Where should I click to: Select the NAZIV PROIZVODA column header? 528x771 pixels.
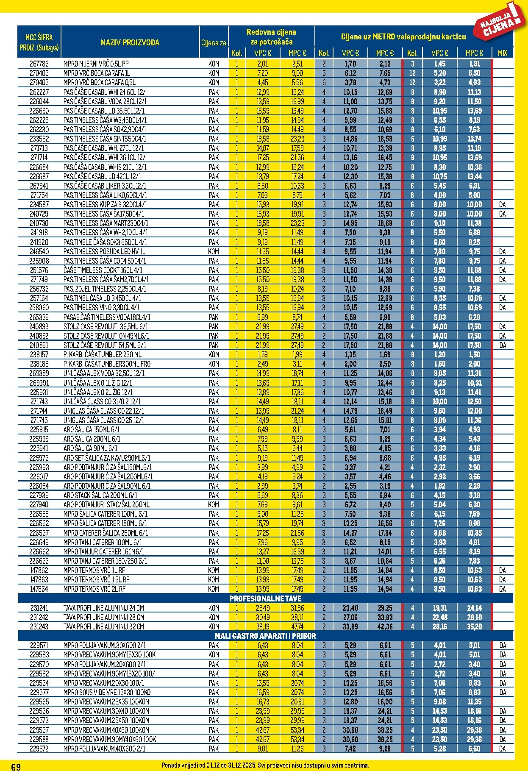click(x=130, y=42)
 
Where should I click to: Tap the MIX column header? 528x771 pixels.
click(x=502, y=53)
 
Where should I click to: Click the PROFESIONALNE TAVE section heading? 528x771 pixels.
click(x=265, y=598)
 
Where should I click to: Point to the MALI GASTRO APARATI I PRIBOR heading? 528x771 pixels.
click(x=265, y=636)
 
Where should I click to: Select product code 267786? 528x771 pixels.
click(x=39, y=64)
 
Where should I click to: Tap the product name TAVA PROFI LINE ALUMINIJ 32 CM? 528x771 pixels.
click(x=104, y=626)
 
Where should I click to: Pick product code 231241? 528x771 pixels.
click(x=39, y=608)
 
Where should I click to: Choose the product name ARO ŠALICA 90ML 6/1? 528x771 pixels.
click(x=90, y=448)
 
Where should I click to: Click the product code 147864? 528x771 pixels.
click(x=39, y=589)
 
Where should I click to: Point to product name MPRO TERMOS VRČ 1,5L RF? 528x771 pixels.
click(x=96, y=579)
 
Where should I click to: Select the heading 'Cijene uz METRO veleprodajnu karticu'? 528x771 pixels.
click(x=403, y=37)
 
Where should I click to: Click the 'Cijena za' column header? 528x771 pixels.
click(x=214, y=42)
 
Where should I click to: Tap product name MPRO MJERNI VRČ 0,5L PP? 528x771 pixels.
click(x=96, y=64)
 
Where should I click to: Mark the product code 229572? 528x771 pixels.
click(x=39, y=749)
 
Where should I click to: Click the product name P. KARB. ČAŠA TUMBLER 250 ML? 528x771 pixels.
click(x=103, y=354)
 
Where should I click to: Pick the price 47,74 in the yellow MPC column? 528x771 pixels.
click(x=297, y=626)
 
